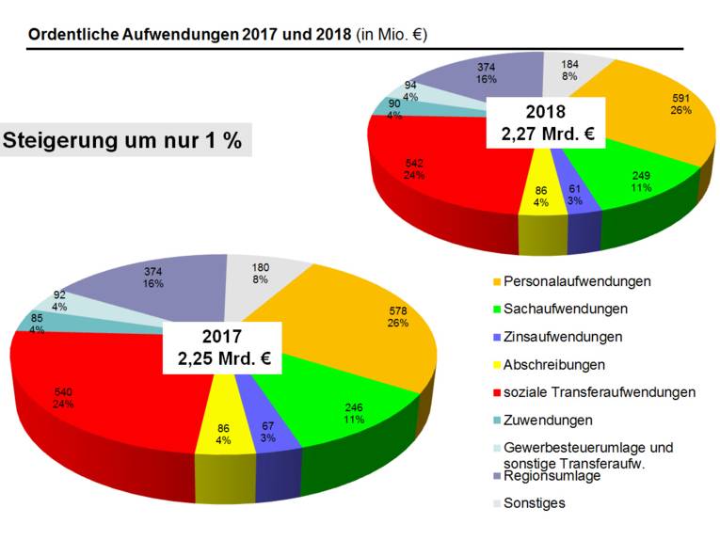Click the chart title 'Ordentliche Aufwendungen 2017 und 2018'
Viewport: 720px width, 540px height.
[x=189, y=34]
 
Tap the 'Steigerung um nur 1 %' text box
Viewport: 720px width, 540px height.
[x=122, y=141]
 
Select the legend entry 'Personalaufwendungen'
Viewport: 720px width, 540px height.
[x=577, y=281]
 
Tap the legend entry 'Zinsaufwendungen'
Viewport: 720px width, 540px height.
[x=563, y=336]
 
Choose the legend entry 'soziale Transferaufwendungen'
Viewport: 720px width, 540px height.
[x=600, y=391]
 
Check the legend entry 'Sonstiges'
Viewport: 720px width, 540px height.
[x=535, y=502]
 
